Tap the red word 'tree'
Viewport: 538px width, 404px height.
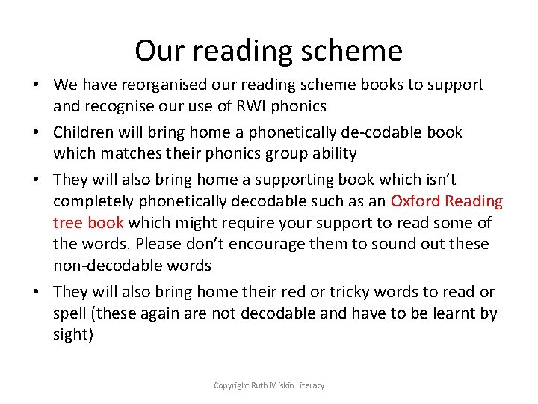[67, 222]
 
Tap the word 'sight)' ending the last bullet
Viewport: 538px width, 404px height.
[73, 334]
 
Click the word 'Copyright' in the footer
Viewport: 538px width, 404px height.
[231, 385]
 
